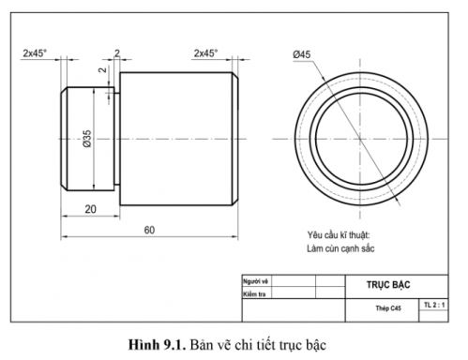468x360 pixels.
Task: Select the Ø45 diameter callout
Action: point(302,55)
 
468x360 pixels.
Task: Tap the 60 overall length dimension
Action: point(149,230)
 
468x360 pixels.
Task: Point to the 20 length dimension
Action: point(91,209)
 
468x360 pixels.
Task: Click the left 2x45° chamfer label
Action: point(37,53)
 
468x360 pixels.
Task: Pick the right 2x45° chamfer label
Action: point(205,53)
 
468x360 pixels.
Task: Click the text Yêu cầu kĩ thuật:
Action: point(339,234)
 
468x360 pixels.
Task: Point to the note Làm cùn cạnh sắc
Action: point(340,249)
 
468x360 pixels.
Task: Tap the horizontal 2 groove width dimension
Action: point(116,53)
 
